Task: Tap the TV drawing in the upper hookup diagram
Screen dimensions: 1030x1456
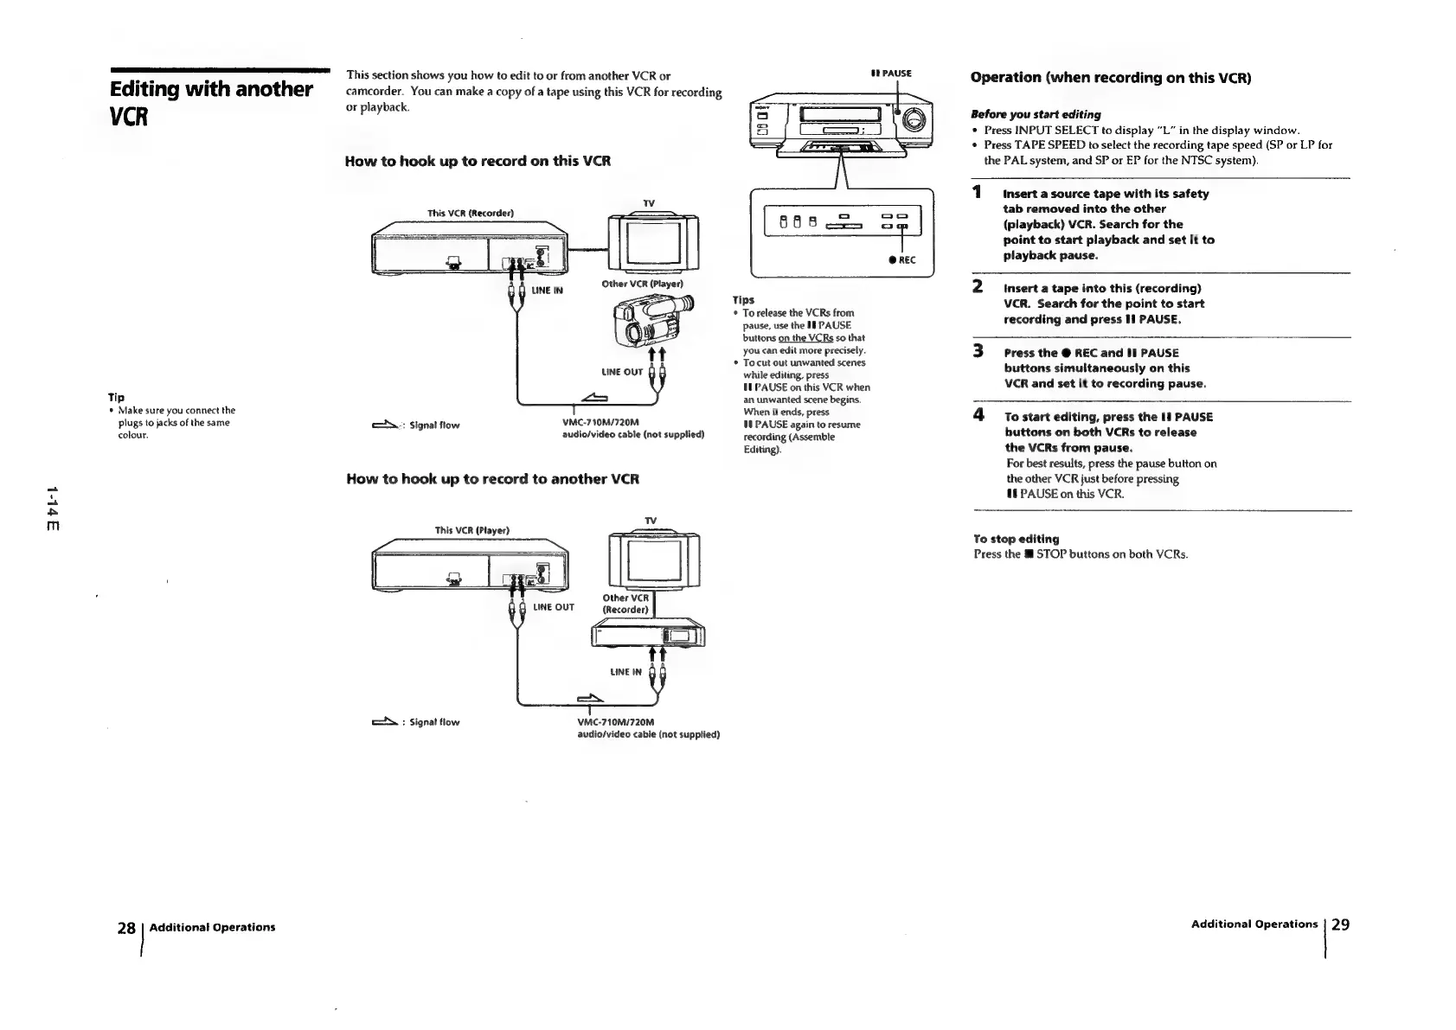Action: pos(654,241)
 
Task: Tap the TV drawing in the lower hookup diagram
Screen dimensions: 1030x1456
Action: pos(654,559)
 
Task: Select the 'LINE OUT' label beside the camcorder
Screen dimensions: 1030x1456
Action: pos(622,372)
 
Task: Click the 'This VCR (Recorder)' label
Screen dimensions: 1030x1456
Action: pos(471,213)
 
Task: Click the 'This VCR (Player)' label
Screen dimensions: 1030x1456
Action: pos(471,529)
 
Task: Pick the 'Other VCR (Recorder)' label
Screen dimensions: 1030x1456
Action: pos(625,604)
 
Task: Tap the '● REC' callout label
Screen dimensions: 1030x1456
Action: pos(901,259)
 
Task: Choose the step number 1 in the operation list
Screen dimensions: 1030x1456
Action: pos(977,192)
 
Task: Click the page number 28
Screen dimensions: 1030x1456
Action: pos(126,928)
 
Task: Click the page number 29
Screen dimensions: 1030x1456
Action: pos(1340,924)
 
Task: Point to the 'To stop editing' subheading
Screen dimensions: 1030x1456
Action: pos(1016,539)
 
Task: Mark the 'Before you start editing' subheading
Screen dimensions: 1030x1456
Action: pos(1036,114)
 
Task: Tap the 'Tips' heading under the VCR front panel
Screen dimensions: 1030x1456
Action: pos(743,300)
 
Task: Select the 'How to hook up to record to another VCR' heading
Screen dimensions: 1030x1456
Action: pos(492,478)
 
